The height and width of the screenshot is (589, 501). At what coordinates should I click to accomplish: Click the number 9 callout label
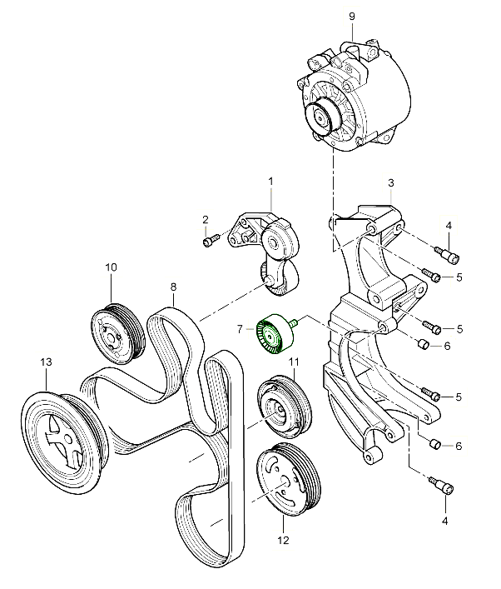pyautogui.click(x=351, y=15)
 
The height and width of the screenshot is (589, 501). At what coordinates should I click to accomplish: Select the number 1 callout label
pyautogui.click(x=270, y=181)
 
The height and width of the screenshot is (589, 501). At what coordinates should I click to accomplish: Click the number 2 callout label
pyautogui.click(x=205, y=219)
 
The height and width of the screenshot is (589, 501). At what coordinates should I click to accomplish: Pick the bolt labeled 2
pyautogui.click(x=209, y=242)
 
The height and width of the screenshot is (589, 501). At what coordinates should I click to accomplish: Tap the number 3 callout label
pyautogui.click(x=391, y=182)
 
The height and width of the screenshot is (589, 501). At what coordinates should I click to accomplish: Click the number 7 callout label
pyautogui.click(x=239, y=331)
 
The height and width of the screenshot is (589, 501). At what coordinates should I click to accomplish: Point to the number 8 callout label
pyautogui.click(x=173, y=288)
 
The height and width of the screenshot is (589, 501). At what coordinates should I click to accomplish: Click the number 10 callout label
pyautogui.click(x=111, y=267)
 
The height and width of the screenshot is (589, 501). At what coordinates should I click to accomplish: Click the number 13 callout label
pyautogui.click(x=47, y=362)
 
